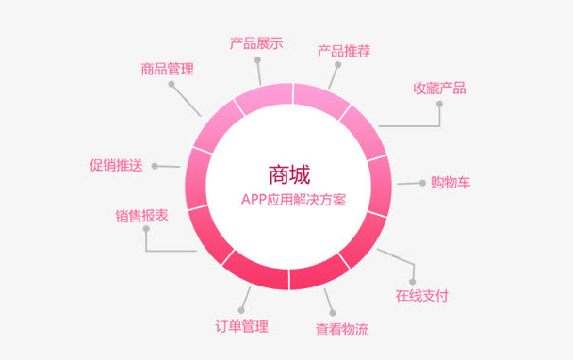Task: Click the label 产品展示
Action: (256, 43)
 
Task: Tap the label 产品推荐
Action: (344, 51)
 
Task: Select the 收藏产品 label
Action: (439, 89)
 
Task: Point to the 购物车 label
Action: (450, 182)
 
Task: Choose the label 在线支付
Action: (421, 295)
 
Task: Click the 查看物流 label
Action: (341, 330)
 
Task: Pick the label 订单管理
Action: (242, 327)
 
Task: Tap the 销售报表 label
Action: (142, 216)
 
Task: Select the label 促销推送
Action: (116, 165)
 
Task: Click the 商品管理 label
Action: (167, 68)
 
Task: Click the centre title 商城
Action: (288, 175)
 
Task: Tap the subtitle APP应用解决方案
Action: (288, 200)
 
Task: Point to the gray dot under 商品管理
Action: (172, 85)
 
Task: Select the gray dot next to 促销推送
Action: (154, 165)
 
